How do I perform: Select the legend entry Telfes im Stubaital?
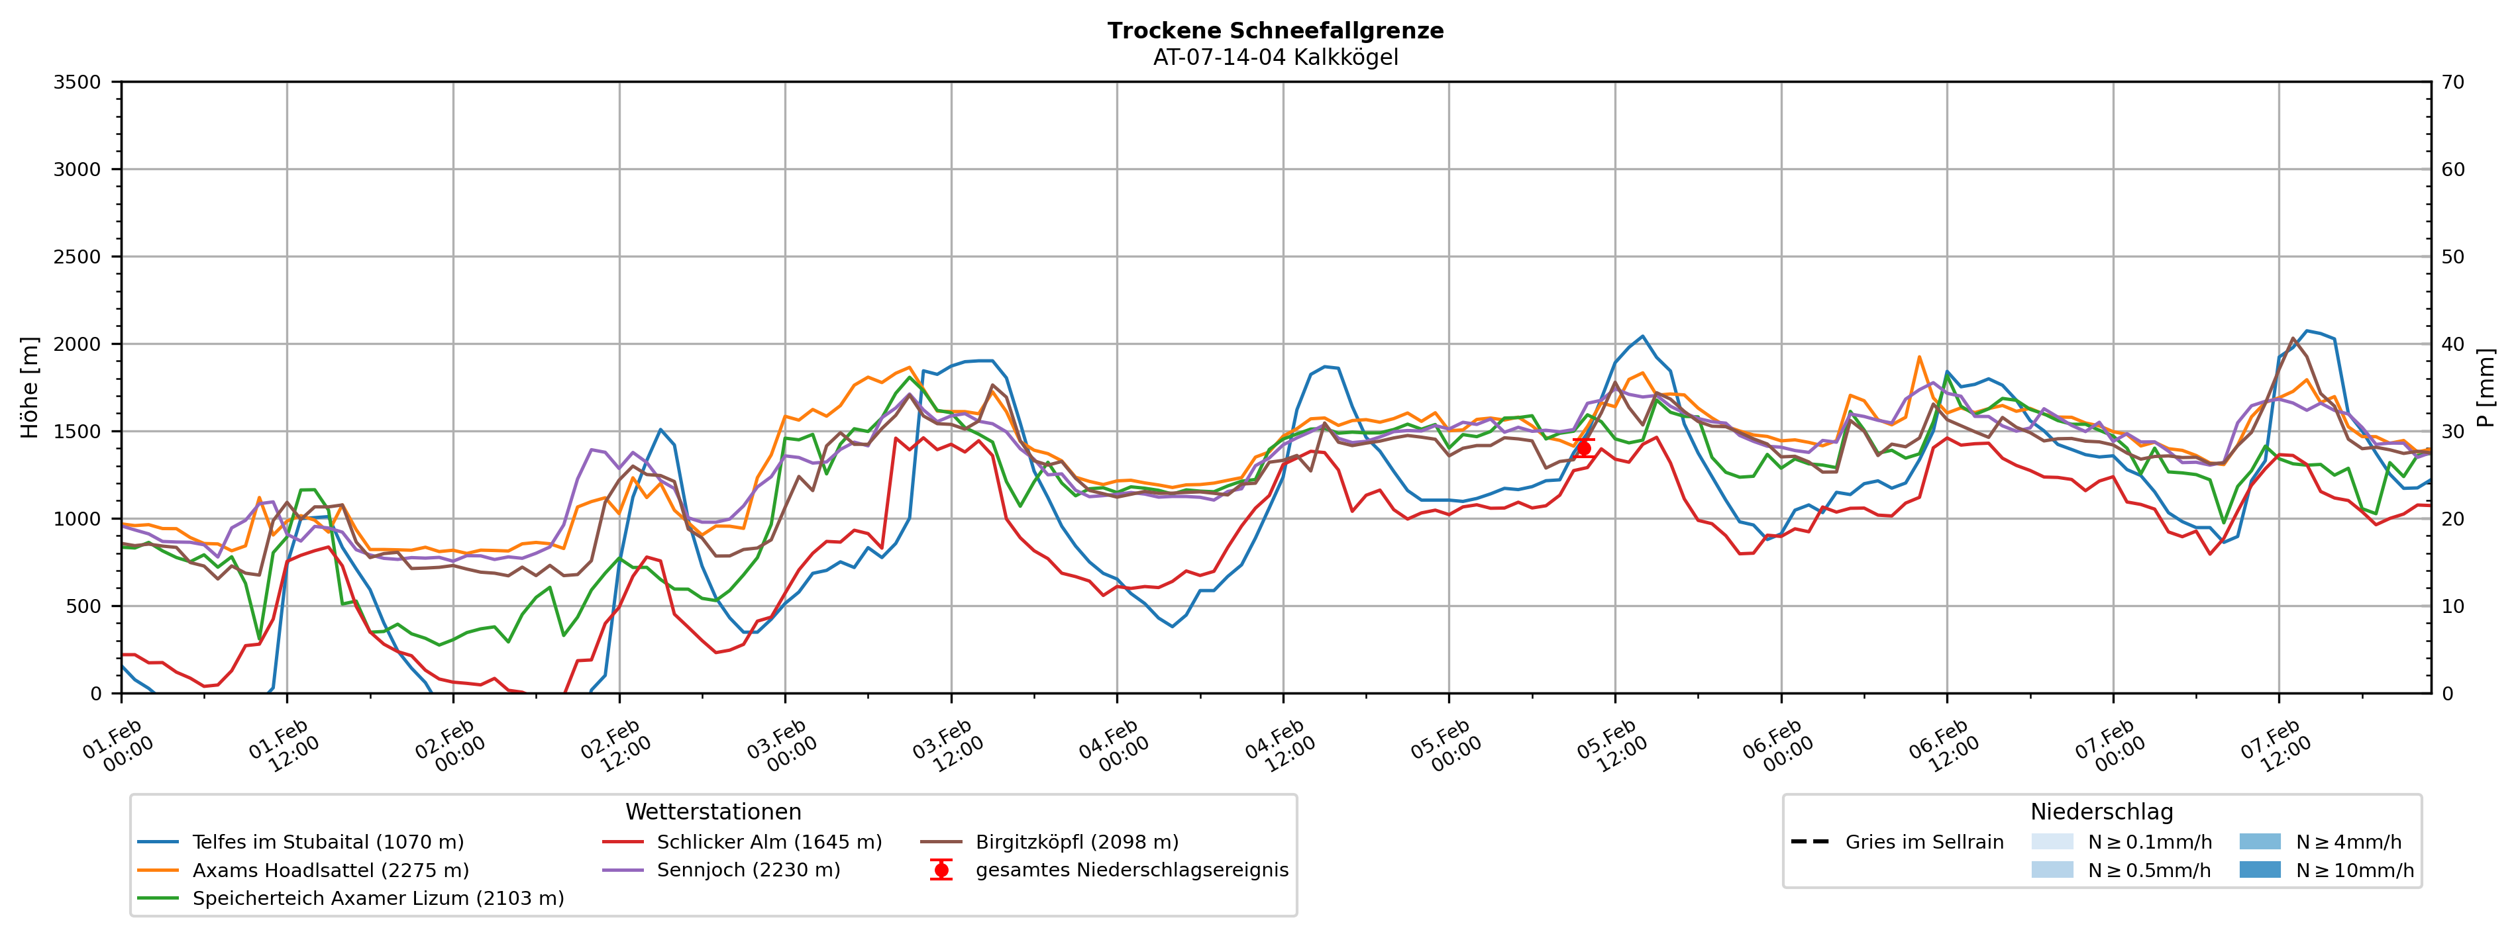(327, 842)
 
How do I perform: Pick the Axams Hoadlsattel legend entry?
(331, 870)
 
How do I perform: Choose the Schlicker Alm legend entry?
(768, 842)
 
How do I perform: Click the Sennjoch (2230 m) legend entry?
(748, 870)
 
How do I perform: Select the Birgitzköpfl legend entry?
(1076, 842)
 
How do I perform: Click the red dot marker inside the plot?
(1583, 447)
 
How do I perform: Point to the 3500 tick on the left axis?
(78, 82)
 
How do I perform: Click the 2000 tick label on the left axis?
(78, 344)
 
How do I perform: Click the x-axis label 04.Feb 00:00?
(1114, 747)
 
